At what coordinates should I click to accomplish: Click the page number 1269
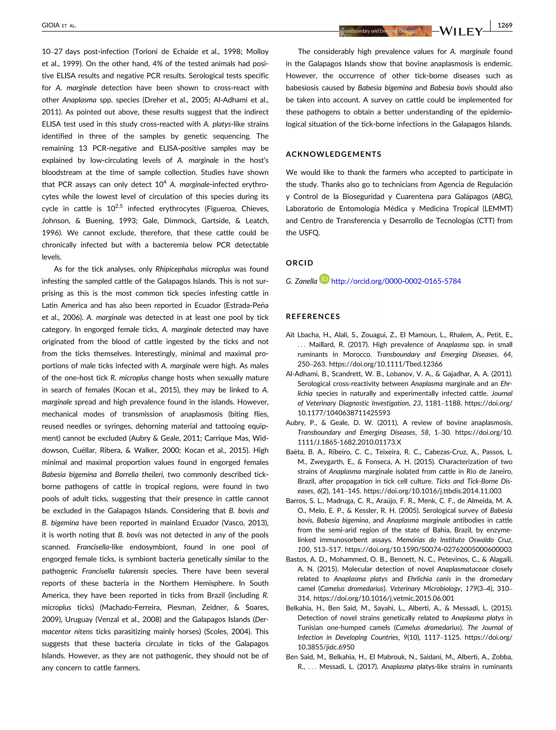[505, 25]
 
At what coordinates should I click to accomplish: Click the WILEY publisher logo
[461, 31]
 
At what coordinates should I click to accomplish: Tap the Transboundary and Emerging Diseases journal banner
[386, 31]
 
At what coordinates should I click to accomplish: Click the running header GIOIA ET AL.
[59, 25]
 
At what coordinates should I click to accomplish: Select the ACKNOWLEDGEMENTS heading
[333, 154]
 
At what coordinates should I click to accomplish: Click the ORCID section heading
[299, 263]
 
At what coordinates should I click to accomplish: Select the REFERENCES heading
[313, 316]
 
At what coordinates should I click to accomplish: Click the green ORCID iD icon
[324, 279]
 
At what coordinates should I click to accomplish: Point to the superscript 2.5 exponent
[119, 206]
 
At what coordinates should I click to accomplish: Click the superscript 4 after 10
[165, 182]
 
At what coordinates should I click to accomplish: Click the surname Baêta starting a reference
[295, 452]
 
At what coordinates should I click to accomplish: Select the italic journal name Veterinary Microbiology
[425, 588]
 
